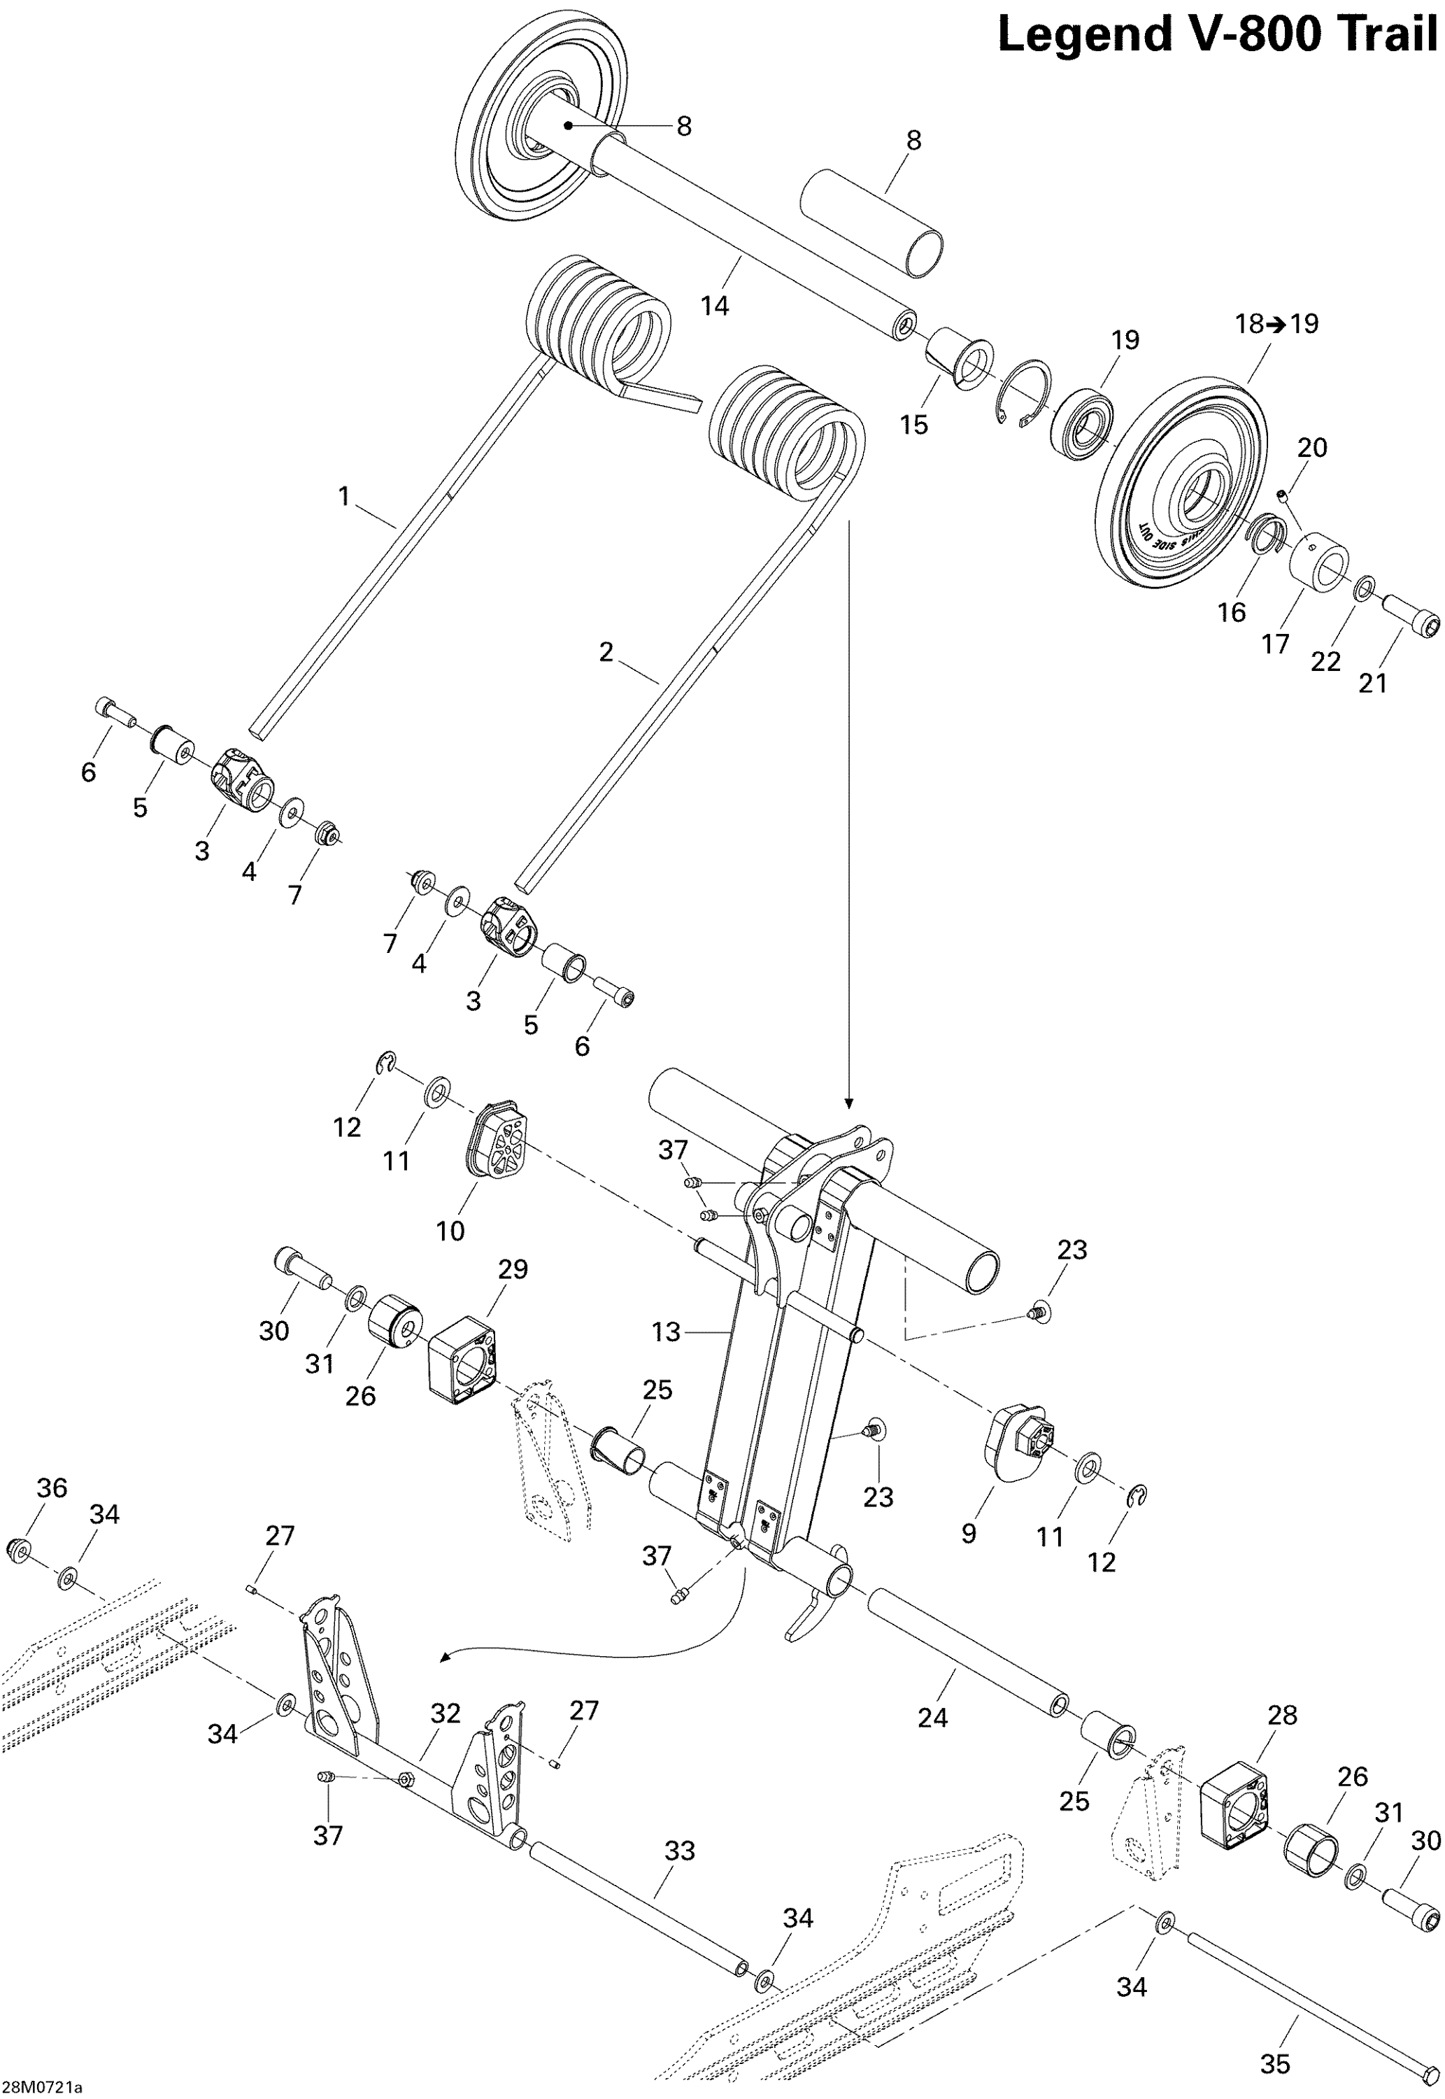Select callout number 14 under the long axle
714,306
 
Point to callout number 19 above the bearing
1125,341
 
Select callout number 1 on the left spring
343,496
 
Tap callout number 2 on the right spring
606,651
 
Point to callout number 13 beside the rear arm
665,1332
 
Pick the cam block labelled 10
497,1139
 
